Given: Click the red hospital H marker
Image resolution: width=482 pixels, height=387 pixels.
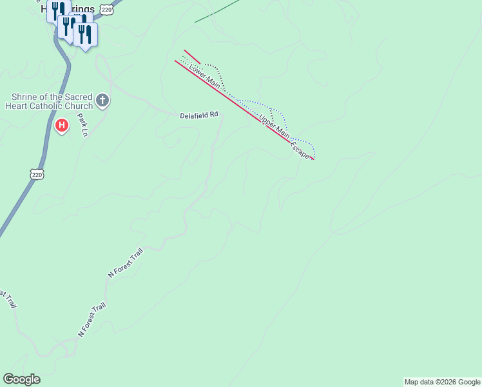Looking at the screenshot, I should click(x=62, y=125).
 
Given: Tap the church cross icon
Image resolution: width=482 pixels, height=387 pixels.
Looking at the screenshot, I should click(x=102, y=100).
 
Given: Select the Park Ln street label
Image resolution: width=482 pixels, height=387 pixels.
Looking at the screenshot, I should click(x=82, y=125).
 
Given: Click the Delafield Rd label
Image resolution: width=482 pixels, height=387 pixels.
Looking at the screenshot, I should click(x=199, y=115).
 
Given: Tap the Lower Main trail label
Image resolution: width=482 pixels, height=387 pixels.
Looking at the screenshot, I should click(x=205, y=76).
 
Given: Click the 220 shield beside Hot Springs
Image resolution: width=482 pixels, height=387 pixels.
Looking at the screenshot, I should click(x=107, y=10).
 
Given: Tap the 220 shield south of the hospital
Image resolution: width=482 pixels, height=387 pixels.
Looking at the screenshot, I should click(x=37, y=174).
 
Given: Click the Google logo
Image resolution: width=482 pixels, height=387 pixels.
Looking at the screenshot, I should click(x=21, y=379).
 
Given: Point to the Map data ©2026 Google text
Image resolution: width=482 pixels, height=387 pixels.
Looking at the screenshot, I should click(x=442, y=382).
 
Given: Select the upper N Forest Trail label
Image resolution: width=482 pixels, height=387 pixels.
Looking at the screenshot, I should click(x=125, y=263).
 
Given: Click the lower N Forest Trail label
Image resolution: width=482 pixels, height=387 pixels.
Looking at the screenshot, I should click(x=91, y=321).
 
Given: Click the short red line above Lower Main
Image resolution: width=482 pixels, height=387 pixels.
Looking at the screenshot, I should click(x=192, y=57).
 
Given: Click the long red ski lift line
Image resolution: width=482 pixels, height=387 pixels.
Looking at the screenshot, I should click(x=245, y=110).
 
